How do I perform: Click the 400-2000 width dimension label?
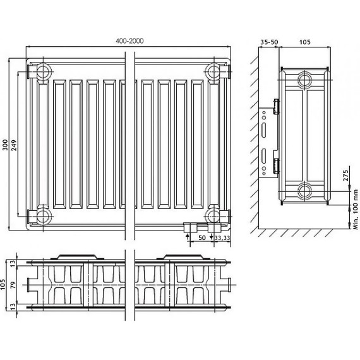(x=129, y=41)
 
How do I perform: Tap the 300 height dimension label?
(x=5, y=145)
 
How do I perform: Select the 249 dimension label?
(x=14, y=145)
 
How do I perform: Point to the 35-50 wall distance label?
(x=269, y=42)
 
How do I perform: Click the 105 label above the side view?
(x=304, y=42)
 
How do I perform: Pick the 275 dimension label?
(x=345, y=176)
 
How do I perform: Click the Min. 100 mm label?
(x=356, y=209)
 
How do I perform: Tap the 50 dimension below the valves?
(x=202, y=237)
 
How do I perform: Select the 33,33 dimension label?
(x=222, y=238)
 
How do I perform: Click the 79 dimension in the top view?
(x=13, y=285)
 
